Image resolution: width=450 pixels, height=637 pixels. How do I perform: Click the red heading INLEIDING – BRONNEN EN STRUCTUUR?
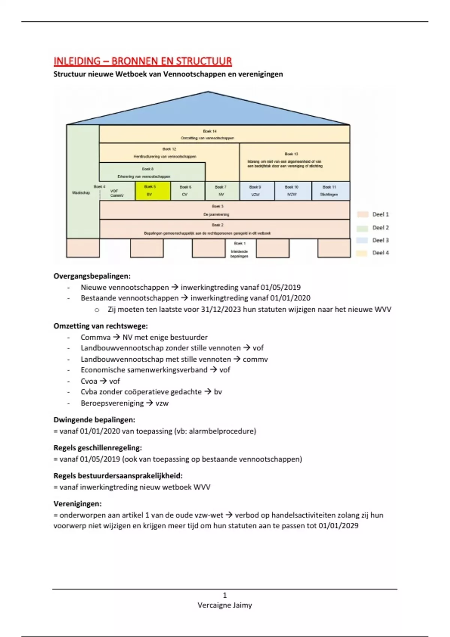[x=142, y=61]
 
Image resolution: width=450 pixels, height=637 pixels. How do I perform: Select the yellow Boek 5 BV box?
[x=153, y=191]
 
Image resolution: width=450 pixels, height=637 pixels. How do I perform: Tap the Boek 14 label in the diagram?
[x=210, y=131]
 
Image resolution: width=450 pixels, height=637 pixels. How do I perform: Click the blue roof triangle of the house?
[x=208, y=111]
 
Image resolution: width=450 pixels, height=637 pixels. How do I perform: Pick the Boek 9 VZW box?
[x=256, y=191]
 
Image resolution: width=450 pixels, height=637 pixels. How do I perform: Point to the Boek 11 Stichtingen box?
[x=330, y=191]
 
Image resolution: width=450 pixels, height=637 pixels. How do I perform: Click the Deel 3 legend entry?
[x=380, y=240]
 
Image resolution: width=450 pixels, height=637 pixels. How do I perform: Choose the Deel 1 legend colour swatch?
[x=362, y=214]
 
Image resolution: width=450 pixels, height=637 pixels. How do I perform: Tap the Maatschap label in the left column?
[x=81, y=193]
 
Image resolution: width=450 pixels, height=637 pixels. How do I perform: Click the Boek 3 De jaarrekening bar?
[x=224, y=210]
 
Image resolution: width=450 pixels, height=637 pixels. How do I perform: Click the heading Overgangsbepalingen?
[x=92, y=276]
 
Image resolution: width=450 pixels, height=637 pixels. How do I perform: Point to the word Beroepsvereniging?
[x=112, y=403]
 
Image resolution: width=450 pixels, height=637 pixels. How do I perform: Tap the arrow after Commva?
[x=116, y=337]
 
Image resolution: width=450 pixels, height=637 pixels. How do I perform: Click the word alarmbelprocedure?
[x=221, y=431]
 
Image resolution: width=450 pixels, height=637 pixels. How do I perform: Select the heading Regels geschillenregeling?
[x=97, y=448]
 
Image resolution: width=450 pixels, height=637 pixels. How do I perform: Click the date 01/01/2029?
[x=338, y=526]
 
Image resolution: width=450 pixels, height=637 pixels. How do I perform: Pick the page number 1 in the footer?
[x=225, y=595]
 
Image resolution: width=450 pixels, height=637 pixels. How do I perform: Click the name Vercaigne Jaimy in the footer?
[x=225, y=605]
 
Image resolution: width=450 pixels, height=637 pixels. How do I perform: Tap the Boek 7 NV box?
[x=222, y=191]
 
